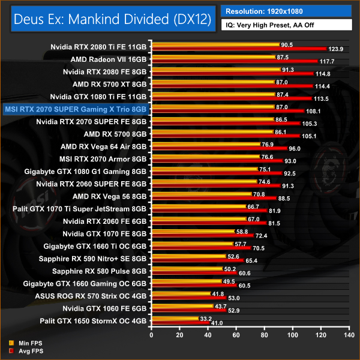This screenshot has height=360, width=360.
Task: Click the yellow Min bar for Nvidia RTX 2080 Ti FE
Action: point(216,45)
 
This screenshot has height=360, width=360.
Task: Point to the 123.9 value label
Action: point(335,49)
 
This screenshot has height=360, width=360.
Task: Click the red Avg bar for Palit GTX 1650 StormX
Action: point(181,323)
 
